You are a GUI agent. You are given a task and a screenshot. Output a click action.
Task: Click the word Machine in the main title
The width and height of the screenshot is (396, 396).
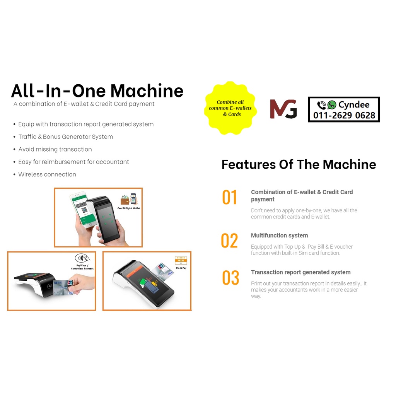147,91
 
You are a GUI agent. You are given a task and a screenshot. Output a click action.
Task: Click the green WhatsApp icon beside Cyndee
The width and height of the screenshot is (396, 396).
332,105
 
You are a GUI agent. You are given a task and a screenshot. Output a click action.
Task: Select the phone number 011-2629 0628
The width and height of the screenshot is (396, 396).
344,115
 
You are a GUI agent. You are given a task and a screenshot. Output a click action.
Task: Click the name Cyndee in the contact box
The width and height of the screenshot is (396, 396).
353,105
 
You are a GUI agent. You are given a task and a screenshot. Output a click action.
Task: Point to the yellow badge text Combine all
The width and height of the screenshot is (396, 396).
230,102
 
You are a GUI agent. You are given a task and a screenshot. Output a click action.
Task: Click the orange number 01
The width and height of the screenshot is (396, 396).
229,198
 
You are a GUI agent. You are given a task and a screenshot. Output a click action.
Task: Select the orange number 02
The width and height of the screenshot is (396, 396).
229,241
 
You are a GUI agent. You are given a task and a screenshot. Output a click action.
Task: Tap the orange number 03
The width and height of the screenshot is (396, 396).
230,278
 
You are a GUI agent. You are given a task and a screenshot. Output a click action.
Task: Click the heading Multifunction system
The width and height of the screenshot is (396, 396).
279,236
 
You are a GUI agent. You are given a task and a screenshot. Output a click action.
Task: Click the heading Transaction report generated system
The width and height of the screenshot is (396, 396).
300,272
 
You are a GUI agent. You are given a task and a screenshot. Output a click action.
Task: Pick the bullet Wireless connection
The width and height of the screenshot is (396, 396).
47,174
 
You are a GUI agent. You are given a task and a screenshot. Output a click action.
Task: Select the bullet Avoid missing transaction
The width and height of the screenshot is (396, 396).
55,149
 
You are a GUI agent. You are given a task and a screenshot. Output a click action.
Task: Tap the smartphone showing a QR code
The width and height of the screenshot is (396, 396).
83,209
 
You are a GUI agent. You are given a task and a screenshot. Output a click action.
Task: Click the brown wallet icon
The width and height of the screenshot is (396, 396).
125,200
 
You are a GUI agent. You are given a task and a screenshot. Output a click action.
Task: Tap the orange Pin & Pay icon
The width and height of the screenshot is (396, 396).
181,260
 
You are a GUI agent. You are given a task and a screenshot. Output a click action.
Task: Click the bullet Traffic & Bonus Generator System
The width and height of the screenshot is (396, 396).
66,137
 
